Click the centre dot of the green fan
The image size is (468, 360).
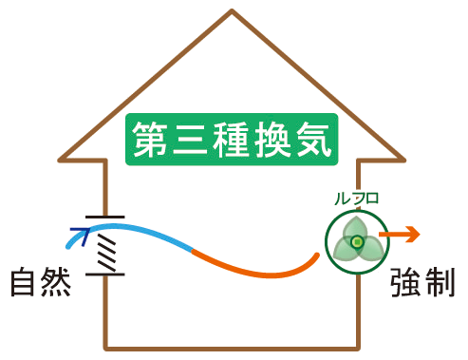coord(356,243)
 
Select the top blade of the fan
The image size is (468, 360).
coord(356,229)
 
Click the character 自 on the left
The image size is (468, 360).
coord(27,283)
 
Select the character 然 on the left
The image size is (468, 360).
coord(59,283)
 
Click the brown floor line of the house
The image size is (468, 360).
coord(233,346)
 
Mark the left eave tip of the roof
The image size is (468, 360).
coord(61,158)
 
